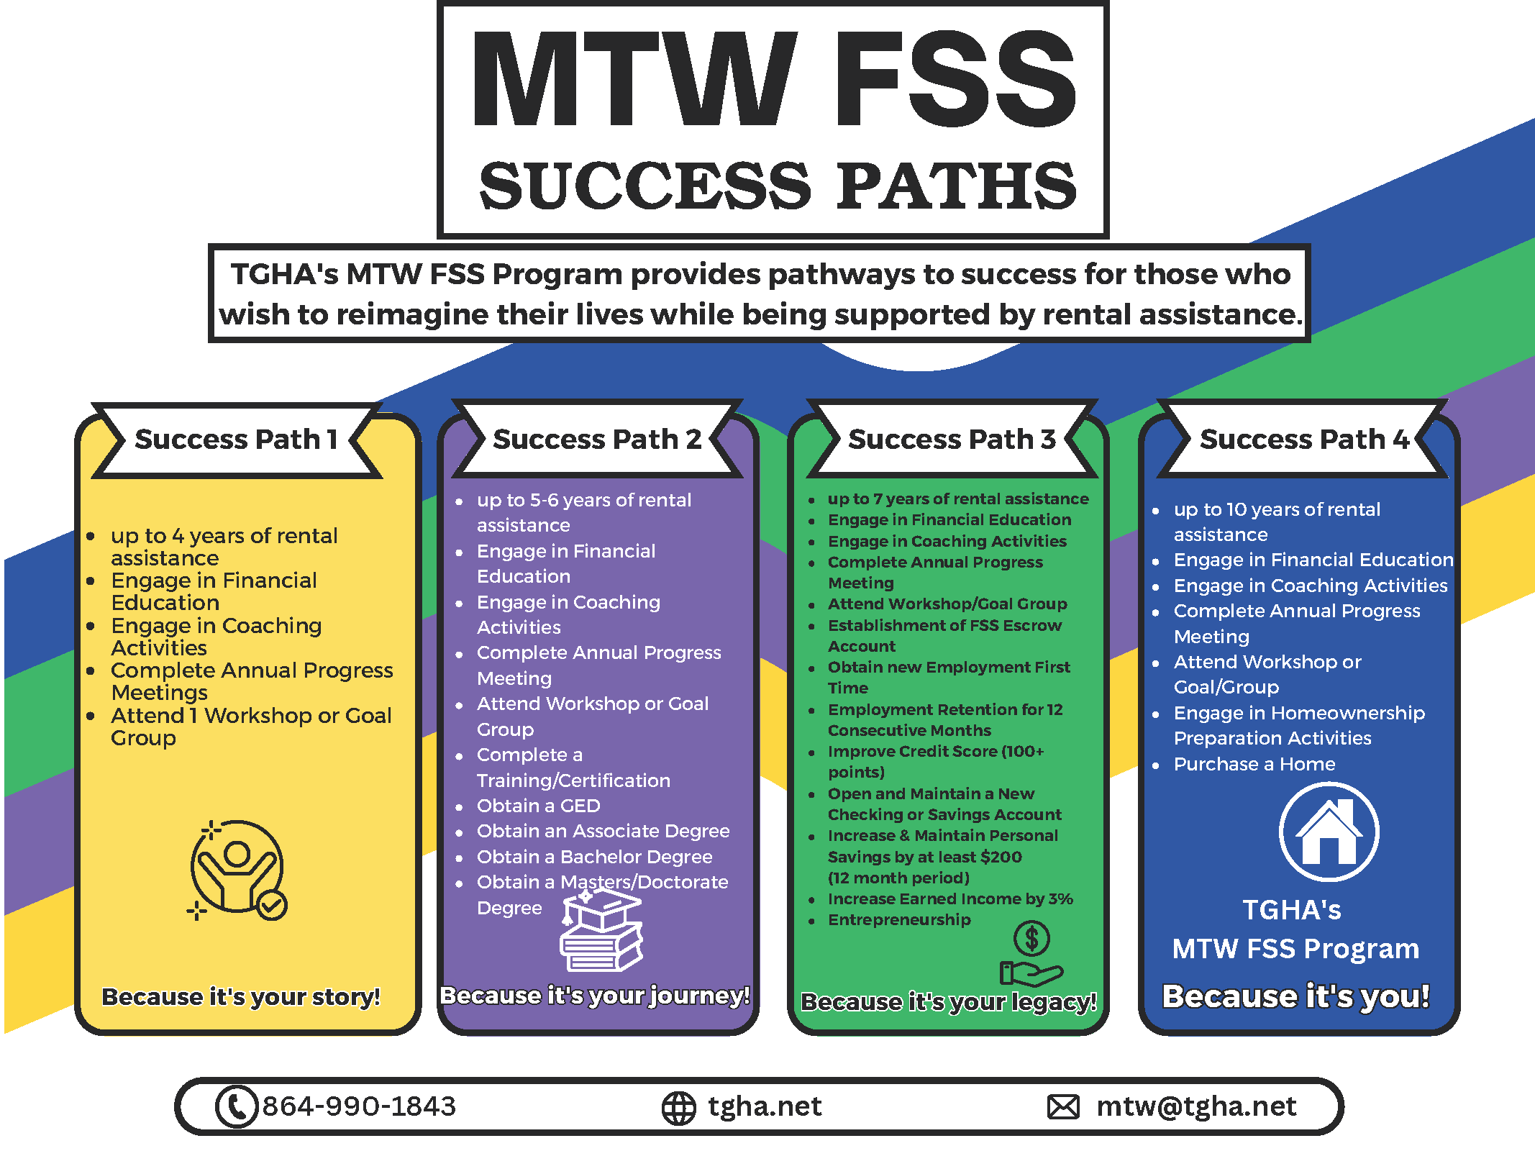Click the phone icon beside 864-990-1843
236,1106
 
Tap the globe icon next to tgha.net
678,1108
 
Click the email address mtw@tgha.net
1196,1106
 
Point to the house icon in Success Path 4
1329,832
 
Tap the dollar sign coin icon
1031,938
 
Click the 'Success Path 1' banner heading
236,439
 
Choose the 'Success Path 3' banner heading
952,439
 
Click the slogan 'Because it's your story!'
241,997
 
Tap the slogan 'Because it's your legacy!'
949,1001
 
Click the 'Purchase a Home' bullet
1254,764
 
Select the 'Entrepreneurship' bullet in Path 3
899,919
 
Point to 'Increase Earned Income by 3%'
950,898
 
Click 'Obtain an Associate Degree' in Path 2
603,831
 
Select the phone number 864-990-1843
359,1106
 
